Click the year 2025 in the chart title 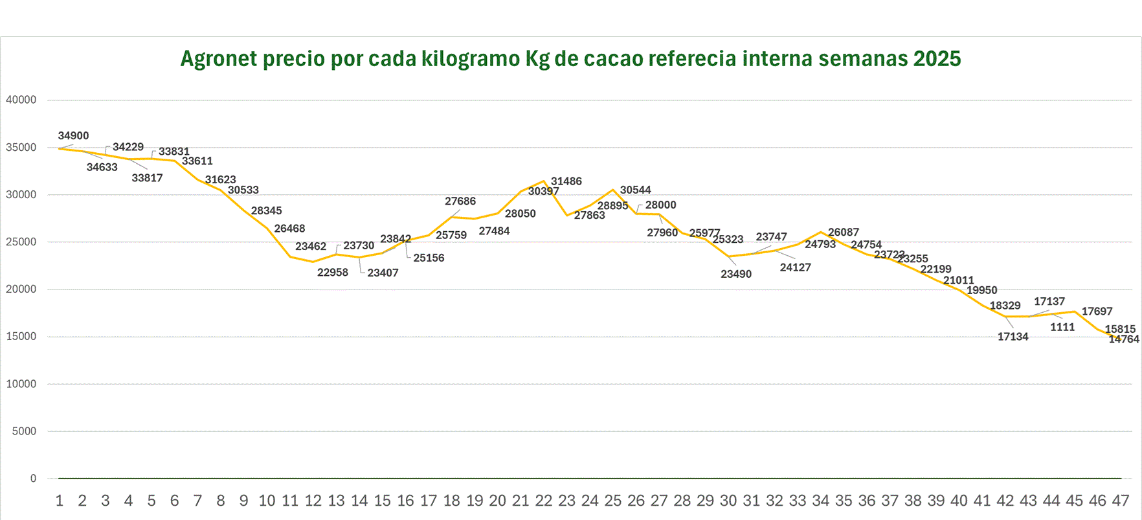(937, 59)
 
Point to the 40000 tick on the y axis (21, 100)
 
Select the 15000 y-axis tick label (21, 337)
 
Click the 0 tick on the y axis (33, 479)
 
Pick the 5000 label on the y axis (24, 431)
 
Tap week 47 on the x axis (1121, 501)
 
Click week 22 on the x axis (544, 501)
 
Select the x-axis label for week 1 (60, 501)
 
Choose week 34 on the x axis (821, 501)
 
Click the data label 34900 (73, 136)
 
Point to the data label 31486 (566, 181)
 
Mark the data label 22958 (333, 273)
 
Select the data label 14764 (1124, 339)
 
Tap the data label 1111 (1062, 327)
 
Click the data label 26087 (844, 232)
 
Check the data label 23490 (736, 274)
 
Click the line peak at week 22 (544, 181)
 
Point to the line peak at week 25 (613, 190)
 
